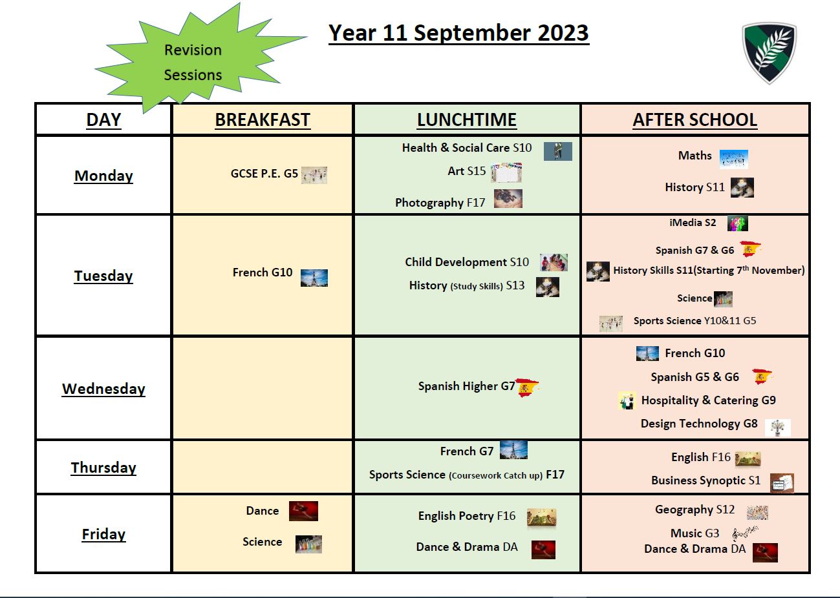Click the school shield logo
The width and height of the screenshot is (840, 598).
769,53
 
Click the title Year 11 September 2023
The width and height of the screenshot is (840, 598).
458,33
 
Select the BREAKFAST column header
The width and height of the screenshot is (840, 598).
263,120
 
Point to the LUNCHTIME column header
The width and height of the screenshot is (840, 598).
467,120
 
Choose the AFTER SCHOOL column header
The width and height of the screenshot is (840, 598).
695,120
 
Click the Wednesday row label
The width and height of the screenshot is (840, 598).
103,389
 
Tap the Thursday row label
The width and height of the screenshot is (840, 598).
103,468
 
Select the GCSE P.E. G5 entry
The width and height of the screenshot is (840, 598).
264,174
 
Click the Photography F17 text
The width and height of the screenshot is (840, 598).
440,203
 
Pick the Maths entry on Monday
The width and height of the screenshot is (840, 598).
695,156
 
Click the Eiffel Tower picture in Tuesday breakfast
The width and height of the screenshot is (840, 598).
314,278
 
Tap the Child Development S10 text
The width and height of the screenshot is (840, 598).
467,262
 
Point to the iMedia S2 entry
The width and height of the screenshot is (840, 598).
693,222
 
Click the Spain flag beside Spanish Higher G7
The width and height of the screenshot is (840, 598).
527,387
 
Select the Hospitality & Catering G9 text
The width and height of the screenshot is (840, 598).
708,400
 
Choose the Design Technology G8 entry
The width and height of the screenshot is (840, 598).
699,424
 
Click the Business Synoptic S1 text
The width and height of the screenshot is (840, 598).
705,480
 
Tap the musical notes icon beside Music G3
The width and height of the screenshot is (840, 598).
745,533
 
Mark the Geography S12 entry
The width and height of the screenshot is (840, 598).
695,510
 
